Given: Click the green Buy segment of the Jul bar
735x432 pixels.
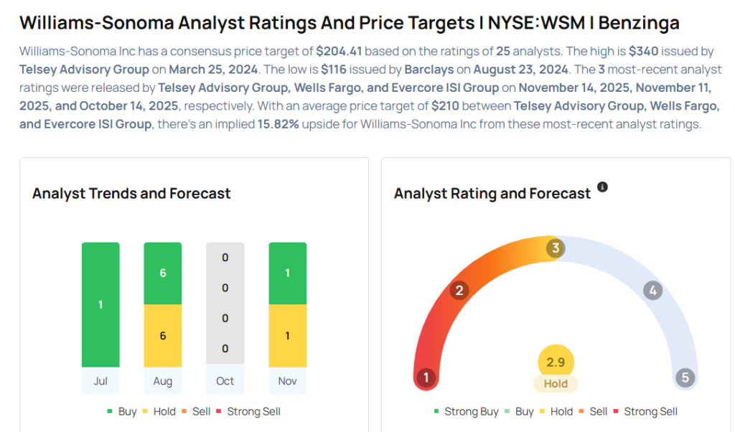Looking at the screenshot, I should point(100,304).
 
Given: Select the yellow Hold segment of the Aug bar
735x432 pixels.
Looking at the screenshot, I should point(163,335).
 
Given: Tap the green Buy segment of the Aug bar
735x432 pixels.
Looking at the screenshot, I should point(163,273).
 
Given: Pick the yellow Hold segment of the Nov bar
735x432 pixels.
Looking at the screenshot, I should point(287,335).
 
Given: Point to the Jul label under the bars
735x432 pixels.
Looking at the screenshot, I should point(100,381).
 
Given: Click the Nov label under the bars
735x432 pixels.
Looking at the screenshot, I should point(287,381).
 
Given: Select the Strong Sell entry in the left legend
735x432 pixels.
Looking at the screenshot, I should point(253,411).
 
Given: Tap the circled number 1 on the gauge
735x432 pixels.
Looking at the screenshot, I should point(426,377).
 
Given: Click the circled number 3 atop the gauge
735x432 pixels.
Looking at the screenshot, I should point(555,249).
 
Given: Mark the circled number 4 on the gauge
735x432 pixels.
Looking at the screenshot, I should point(652,291).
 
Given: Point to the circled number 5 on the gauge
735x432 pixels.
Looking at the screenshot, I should point(685,377).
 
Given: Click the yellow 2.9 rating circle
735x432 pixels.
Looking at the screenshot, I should point(556,362).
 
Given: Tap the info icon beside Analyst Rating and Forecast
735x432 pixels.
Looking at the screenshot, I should point(603,187).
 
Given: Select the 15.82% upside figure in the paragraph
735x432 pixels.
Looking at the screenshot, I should point(280,124).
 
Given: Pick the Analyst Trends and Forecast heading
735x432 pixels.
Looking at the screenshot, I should point(131,193).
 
